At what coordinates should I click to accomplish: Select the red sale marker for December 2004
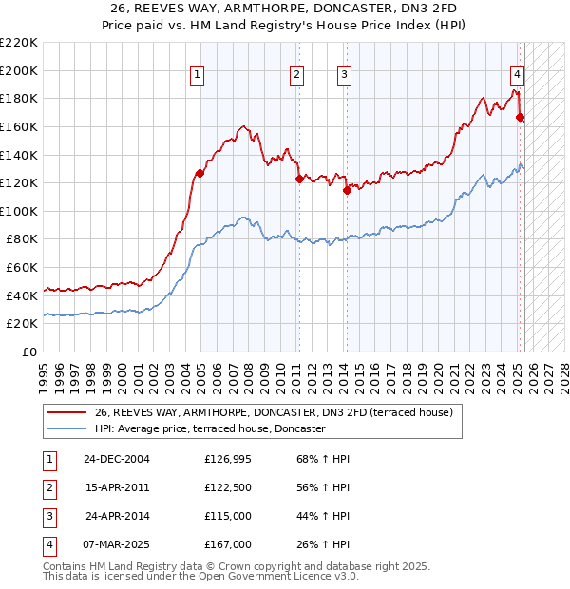click(x=200, y=173)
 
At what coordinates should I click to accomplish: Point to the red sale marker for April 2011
click(x=299, y=179)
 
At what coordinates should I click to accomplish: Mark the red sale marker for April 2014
click(x=347, y=190)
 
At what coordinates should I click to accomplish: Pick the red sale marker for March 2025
click(x=520, y=117)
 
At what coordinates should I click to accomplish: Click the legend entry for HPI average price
click(x=210, y=429)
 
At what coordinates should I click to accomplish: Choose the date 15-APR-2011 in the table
click(x=116, y=488)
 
